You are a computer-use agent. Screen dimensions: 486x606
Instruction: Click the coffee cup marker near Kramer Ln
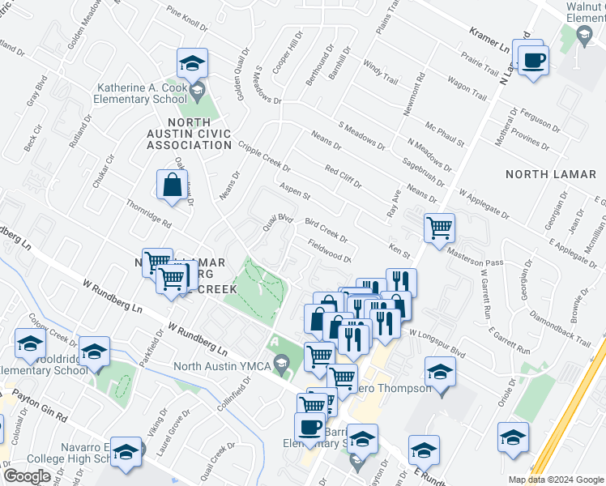(x=534, y=62)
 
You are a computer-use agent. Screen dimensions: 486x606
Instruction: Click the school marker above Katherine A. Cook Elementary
(x=193, y=63)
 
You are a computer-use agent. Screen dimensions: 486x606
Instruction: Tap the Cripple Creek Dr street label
(x=265, y=157)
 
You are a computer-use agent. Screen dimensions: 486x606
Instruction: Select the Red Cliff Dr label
(x=342, y=176)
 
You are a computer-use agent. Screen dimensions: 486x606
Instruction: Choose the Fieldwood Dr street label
(x=329, y=251)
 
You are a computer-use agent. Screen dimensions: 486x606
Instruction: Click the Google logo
(x=27, y=475)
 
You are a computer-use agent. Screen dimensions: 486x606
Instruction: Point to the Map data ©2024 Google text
(x=556, y=480)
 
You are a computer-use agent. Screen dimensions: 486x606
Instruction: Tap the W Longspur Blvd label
(x=437, y=343)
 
